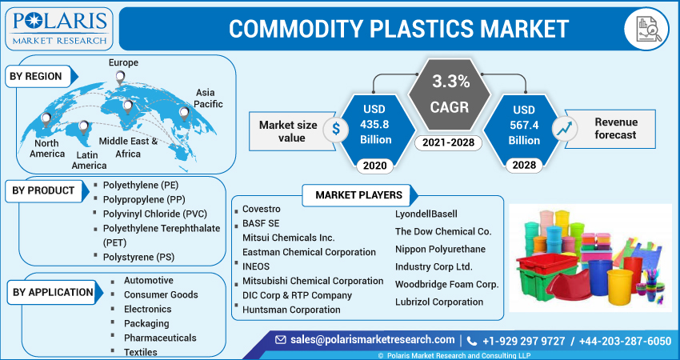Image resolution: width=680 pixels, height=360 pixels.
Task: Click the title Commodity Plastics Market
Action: [x=398, y=28]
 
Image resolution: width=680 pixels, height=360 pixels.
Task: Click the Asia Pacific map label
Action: [x=210, y=98]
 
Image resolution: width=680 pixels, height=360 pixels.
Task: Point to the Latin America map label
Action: [x=89, y=160]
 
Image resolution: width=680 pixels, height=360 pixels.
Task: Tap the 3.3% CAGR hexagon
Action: [x=450, y=94]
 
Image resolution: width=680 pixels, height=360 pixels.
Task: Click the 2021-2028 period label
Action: [x=450, y=143]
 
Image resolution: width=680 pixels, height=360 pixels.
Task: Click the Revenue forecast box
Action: [x=615, y=128]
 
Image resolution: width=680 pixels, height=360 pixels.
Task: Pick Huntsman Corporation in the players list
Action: [x=291, y=310]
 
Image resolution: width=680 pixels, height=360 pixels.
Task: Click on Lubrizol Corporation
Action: [x=439, y=302]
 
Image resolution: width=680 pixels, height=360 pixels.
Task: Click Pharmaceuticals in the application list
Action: [x=160, y=338]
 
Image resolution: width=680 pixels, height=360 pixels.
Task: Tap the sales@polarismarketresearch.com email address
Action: [x=372, y=340]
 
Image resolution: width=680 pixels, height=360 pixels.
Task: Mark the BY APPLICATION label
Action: [x=53, y=292]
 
